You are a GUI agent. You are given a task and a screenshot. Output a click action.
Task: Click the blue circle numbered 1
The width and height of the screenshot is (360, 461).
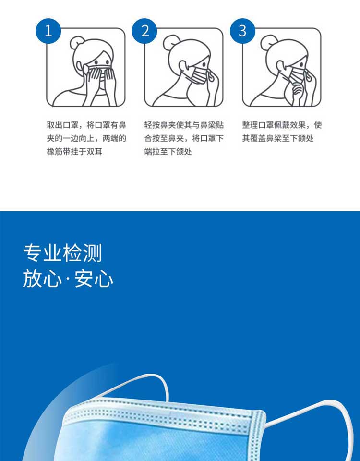click(x=48, y=31)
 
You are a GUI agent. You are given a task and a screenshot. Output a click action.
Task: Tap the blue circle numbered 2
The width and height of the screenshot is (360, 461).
click(x=144, y=31)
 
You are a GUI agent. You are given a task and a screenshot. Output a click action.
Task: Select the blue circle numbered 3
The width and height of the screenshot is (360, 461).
click(x=242, y=31)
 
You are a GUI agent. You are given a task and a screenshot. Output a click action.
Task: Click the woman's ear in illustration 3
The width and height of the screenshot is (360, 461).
click(x=281, y=66)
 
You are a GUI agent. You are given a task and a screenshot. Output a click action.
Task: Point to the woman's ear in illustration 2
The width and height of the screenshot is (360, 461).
click(x=183, y=66)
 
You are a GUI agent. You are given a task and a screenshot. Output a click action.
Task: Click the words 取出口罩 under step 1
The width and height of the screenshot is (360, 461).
click(x=62, y=125)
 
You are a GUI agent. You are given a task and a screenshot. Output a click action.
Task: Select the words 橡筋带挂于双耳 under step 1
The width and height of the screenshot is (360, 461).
click(x=75, y=152)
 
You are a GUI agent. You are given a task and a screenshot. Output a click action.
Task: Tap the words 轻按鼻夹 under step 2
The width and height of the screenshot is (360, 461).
click(x=160, y=125)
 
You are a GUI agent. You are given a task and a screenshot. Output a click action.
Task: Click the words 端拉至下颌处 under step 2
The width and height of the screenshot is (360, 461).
click(x=168, y=152)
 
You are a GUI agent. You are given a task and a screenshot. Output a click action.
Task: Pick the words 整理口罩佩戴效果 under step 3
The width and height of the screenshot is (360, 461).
click(x=274, y=125)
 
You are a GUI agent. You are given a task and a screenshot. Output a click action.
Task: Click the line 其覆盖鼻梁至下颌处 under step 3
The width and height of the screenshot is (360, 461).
click(x=278, y=138)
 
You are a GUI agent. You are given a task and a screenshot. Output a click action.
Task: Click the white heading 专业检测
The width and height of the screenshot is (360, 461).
click(x=62, y=253)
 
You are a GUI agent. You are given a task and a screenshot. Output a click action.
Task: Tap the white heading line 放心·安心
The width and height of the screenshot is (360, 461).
click(x=68, y=279)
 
